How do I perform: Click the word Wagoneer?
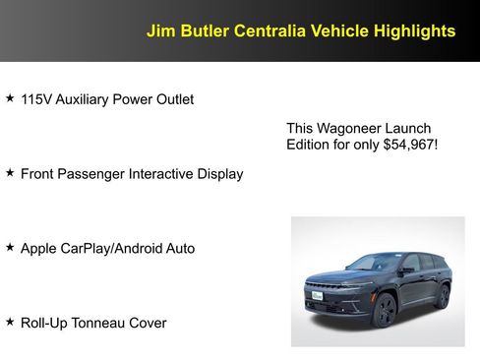click(350, 129)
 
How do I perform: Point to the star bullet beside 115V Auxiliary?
click(10, 98)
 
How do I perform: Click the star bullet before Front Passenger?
click(10, 173)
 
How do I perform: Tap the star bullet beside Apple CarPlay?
click(10, 248)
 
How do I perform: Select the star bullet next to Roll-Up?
click(10, 322)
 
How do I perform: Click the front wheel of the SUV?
click(385, 311)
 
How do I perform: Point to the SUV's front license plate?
click(316, 296)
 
